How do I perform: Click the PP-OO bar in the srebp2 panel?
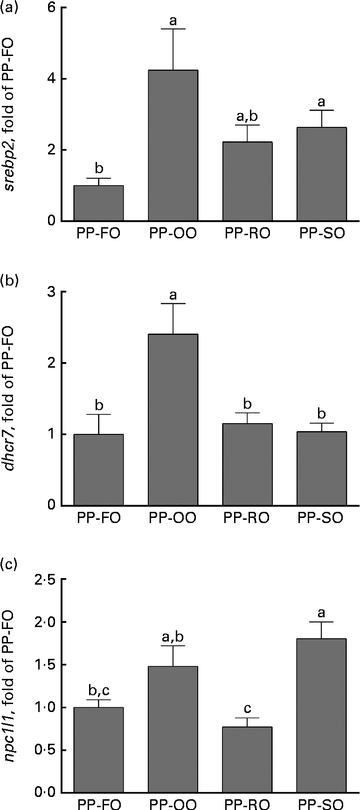coord(173,145)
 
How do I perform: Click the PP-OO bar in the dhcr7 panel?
coord(173,419)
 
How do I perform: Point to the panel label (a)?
coord(10,8)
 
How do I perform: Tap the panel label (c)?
coord(10,565)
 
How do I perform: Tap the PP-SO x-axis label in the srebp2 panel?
coord(321,234)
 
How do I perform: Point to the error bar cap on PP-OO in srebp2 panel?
coord(173,29)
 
